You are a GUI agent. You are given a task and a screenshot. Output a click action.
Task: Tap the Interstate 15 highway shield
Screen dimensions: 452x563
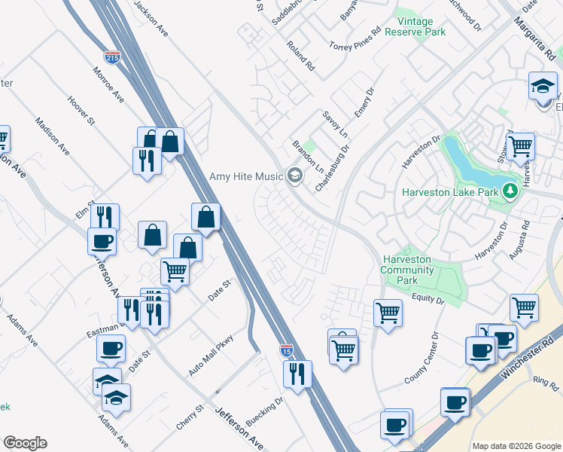(287, 350)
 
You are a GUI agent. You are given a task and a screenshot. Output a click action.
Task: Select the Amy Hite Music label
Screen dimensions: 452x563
(246, 177)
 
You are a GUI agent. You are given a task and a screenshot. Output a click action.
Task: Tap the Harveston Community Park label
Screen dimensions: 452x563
(406, 270)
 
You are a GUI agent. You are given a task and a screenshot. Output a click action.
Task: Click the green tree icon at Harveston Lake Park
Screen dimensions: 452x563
(510, 190)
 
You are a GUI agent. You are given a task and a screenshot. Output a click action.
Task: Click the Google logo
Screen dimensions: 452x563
(25, 443)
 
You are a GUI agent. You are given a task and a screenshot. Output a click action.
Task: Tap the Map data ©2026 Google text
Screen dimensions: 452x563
(516, 446)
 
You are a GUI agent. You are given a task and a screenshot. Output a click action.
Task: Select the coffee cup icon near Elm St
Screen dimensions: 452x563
(102, 242)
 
